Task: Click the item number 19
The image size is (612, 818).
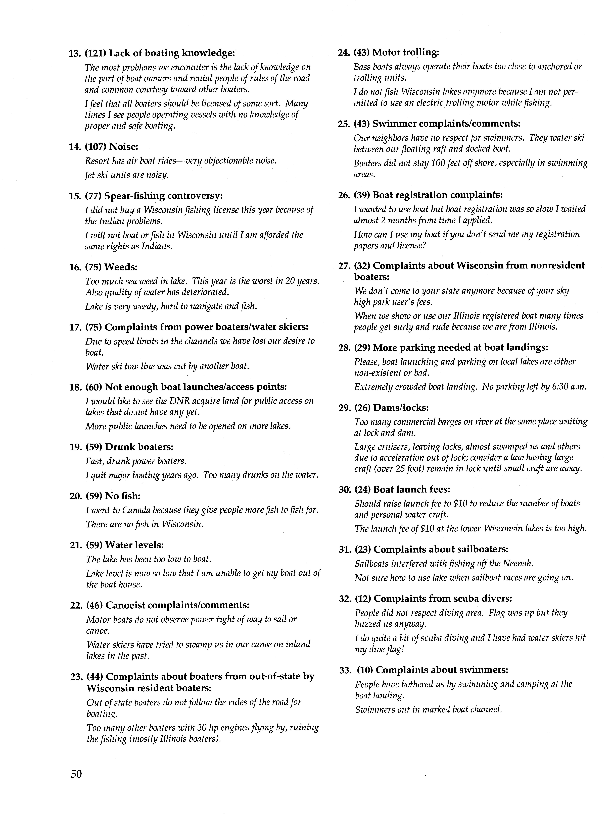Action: coord(75,447)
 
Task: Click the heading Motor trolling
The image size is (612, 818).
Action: coord(405,52)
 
